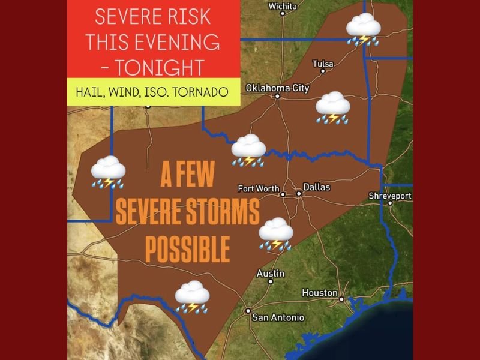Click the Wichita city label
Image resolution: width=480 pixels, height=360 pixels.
point(283,6)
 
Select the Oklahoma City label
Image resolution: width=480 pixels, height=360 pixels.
point(277,88)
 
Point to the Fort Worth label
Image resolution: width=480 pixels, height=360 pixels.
point(259,188)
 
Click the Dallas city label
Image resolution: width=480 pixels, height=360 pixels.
point(316,187)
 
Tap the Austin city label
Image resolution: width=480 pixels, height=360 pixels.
point(270,273)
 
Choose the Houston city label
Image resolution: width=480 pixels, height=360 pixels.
point(319,293)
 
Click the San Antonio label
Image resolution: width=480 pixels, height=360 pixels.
point(278,317)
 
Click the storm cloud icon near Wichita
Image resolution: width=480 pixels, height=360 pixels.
point(364,29)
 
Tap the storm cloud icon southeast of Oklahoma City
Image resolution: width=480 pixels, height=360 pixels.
point(333,108)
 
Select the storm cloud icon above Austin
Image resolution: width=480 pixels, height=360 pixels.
point(275,234)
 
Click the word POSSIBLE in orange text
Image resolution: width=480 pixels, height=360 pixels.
point(188,248)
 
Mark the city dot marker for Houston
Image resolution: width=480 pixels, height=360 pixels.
point(341,299)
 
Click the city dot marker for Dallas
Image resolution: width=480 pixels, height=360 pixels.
point(298,193)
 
